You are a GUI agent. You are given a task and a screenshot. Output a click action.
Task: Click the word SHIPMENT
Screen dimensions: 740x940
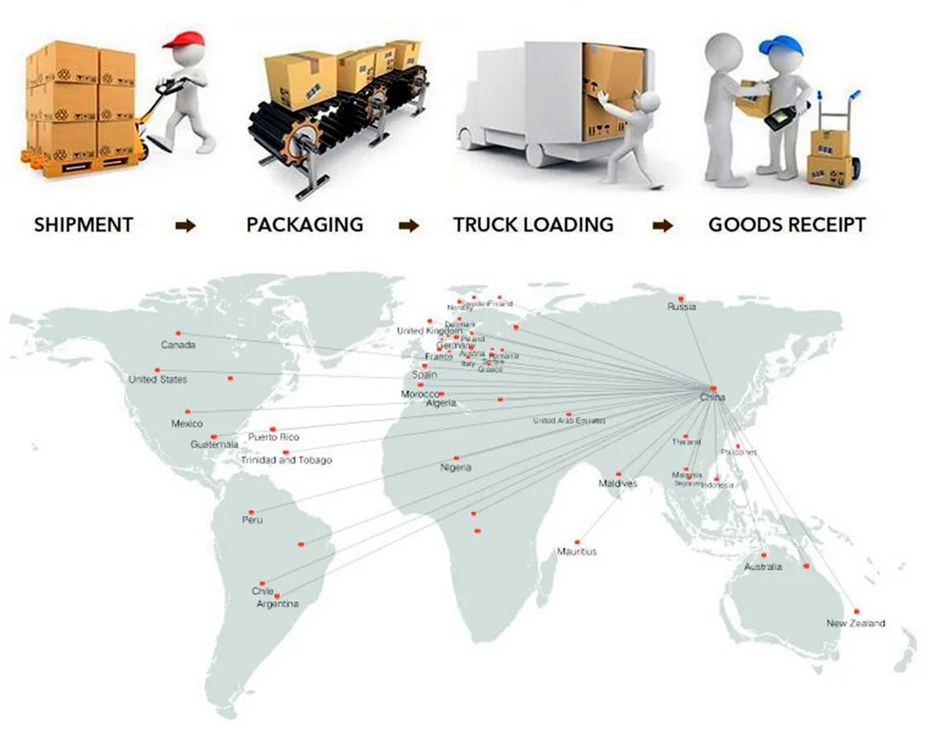83,225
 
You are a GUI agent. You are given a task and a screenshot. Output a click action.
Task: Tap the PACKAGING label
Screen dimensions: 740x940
304,225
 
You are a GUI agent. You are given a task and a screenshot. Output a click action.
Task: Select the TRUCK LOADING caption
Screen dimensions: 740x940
533,225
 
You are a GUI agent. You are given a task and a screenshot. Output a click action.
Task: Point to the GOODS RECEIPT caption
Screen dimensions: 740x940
786,225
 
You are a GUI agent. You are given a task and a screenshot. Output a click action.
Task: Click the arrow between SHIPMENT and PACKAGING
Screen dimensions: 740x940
185,227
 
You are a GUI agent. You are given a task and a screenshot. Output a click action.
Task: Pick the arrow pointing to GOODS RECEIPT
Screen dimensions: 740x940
662,227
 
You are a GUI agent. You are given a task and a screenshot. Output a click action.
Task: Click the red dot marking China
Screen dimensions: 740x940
713,388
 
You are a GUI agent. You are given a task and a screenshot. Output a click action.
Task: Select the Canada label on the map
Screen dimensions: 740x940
178,345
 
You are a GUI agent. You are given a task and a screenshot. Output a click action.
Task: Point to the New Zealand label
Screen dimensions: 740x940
856,624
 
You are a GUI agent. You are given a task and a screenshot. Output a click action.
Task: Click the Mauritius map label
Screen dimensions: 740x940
577,552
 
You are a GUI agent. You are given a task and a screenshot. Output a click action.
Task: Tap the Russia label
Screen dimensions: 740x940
682,307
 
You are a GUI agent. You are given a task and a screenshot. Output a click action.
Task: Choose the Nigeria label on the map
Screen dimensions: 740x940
456,467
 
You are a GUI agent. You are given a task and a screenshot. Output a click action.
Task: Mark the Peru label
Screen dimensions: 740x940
252,520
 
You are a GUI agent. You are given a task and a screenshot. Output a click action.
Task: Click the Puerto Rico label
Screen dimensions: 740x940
273,437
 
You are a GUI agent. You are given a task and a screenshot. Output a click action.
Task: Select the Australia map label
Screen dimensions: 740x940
763,567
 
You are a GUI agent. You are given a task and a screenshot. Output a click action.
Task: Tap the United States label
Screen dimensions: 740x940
158,379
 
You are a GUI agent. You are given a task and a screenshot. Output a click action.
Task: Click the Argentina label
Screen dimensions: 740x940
278,604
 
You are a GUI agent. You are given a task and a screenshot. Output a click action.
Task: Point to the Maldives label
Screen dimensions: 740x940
617,484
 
